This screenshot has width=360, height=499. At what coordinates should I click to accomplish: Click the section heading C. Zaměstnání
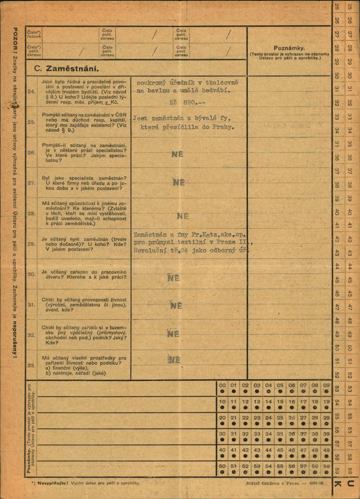[67, 70]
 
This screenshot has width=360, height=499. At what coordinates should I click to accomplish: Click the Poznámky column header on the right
[289, 48]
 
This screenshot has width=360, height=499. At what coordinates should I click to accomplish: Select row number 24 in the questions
[31, 91]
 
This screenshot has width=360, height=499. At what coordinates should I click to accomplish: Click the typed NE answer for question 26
[177, 154]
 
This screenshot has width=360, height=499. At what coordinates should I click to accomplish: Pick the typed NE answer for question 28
[182, 216]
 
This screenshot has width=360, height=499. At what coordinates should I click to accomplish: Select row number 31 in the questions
[31, 305]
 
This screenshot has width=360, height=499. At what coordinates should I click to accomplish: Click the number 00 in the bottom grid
[222, 386]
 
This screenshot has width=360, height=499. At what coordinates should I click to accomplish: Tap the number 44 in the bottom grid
[269, 450]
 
